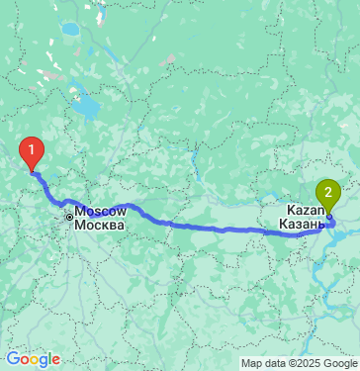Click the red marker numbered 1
33,151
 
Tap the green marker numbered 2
327,191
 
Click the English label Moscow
102,212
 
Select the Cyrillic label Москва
101,225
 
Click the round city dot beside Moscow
69,216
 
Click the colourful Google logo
33,359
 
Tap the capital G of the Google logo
13,359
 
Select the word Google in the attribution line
336,363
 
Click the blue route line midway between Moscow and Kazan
198,227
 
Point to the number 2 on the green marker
327,188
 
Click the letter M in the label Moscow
82,212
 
